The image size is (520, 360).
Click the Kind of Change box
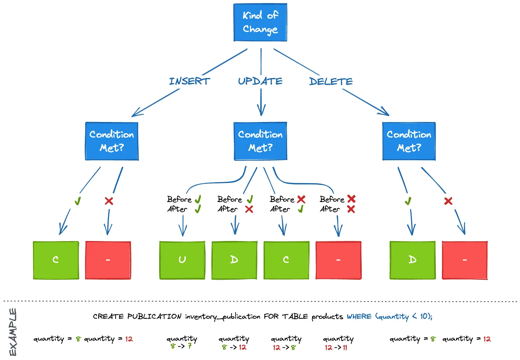point(260,22)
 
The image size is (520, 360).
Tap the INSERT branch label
point(190,81)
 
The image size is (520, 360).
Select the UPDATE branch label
point(260,81)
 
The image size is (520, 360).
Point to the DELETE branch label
point(331,81)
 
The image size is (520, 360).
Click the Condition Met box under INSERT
point(112,141)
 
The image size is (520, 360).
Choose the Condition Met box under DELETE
point(409,141)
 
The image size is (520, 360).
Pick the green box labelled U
point(182,260)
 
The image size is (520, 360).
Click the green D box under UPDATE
point(234,260)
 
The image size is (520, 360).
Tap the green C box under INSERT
point(56,260)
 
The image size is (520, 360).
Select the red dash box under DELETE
point(465,260)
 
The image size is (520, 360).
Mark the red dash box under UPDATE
point(338,260)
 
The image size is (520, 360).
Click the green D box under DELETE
point(413,260)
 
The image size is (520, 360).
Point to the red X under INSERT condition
point(109,201)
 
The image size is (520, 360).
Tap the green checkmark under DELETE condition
point(408,201)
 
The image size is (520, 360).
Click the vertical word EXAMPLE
point(13,332)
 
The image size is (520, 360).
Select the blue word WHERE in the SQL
point(359,316)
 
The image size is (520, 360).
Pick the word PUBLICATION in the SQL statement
point(154,316)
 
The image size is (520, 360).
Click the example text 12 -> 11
point(336,347)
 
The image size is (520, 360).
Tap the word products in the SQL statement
point(327,316)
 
